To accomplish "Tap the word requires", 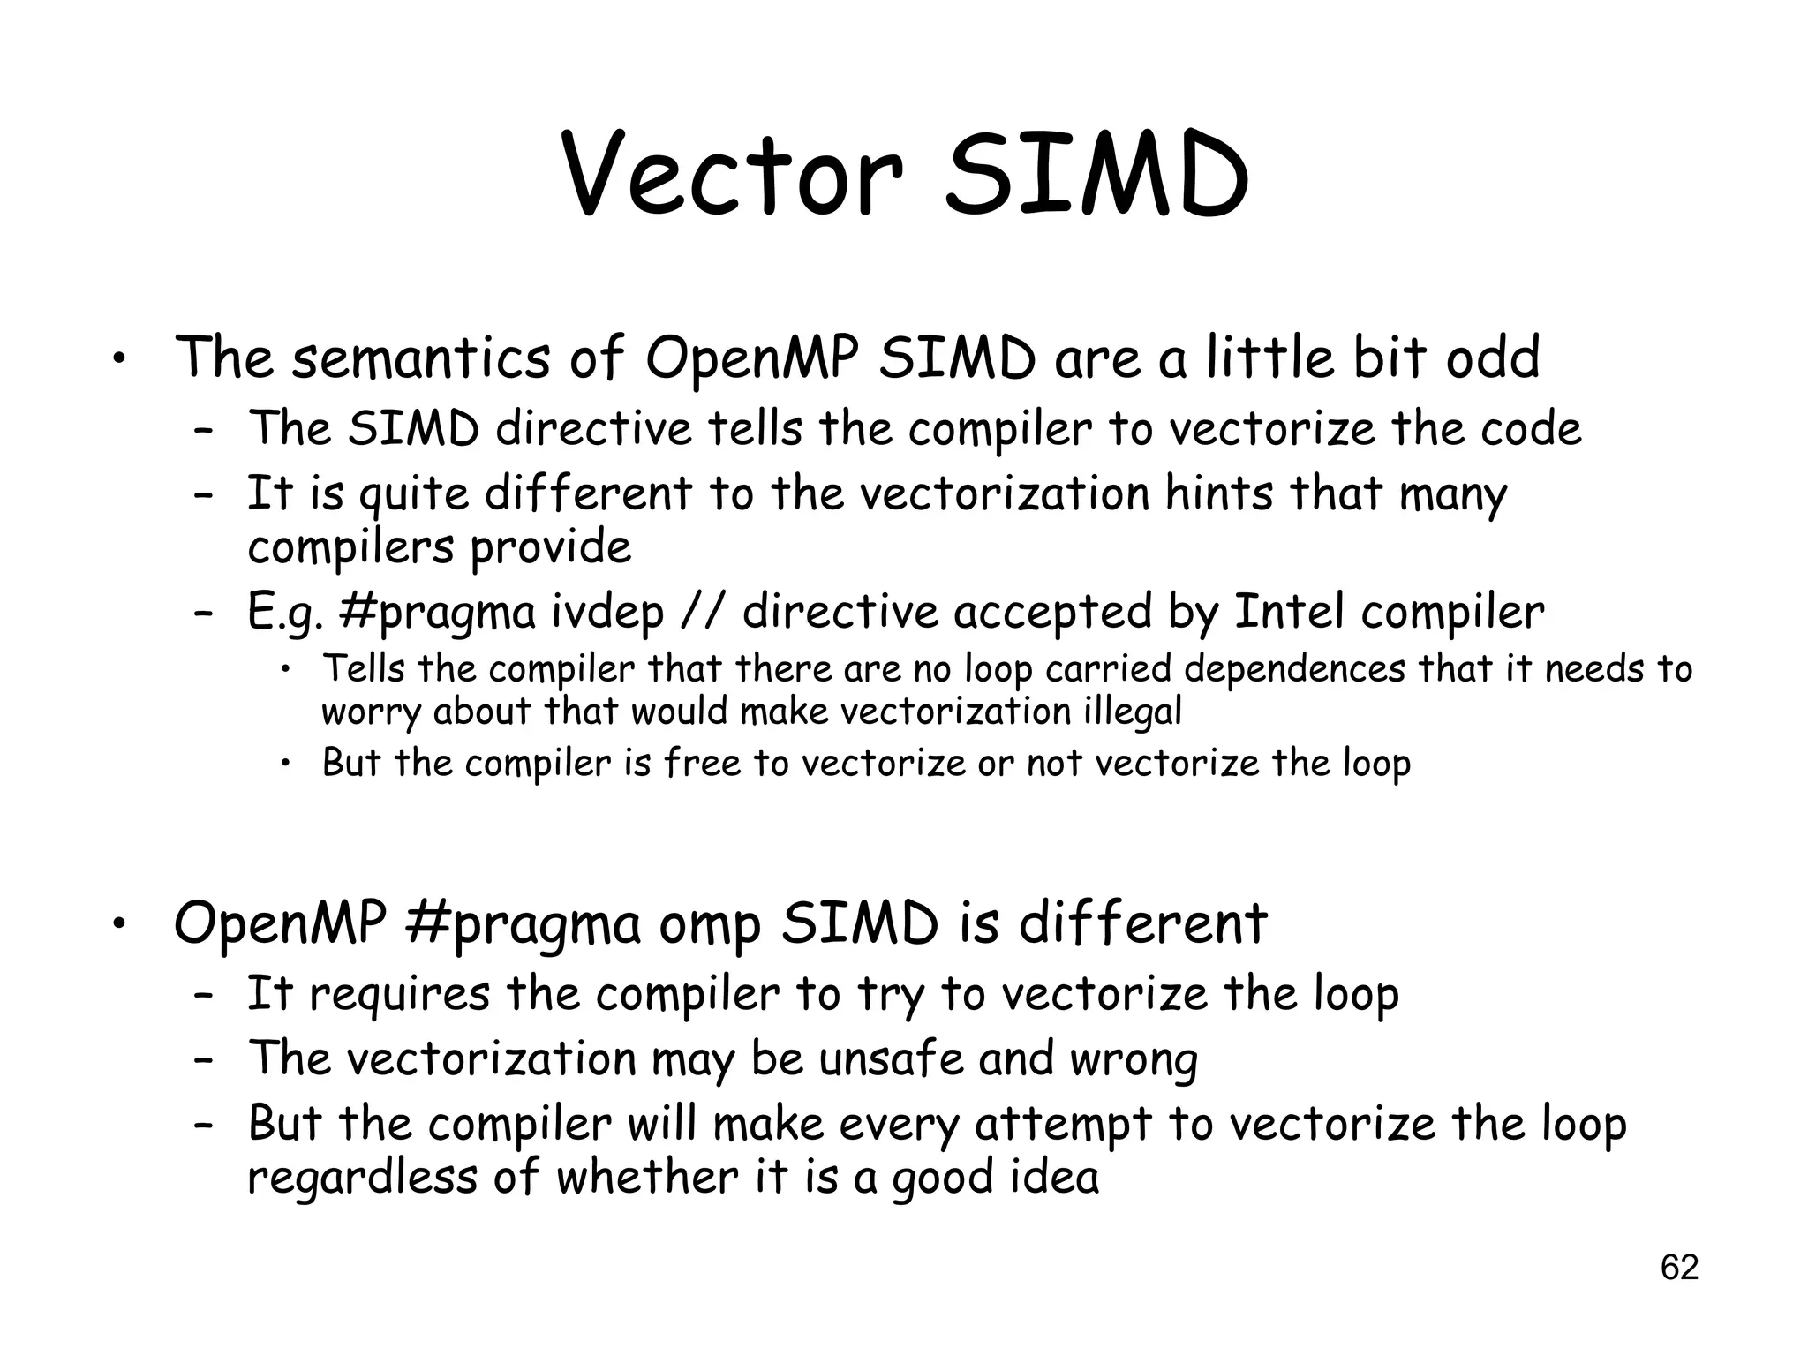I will pos(399,995).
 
